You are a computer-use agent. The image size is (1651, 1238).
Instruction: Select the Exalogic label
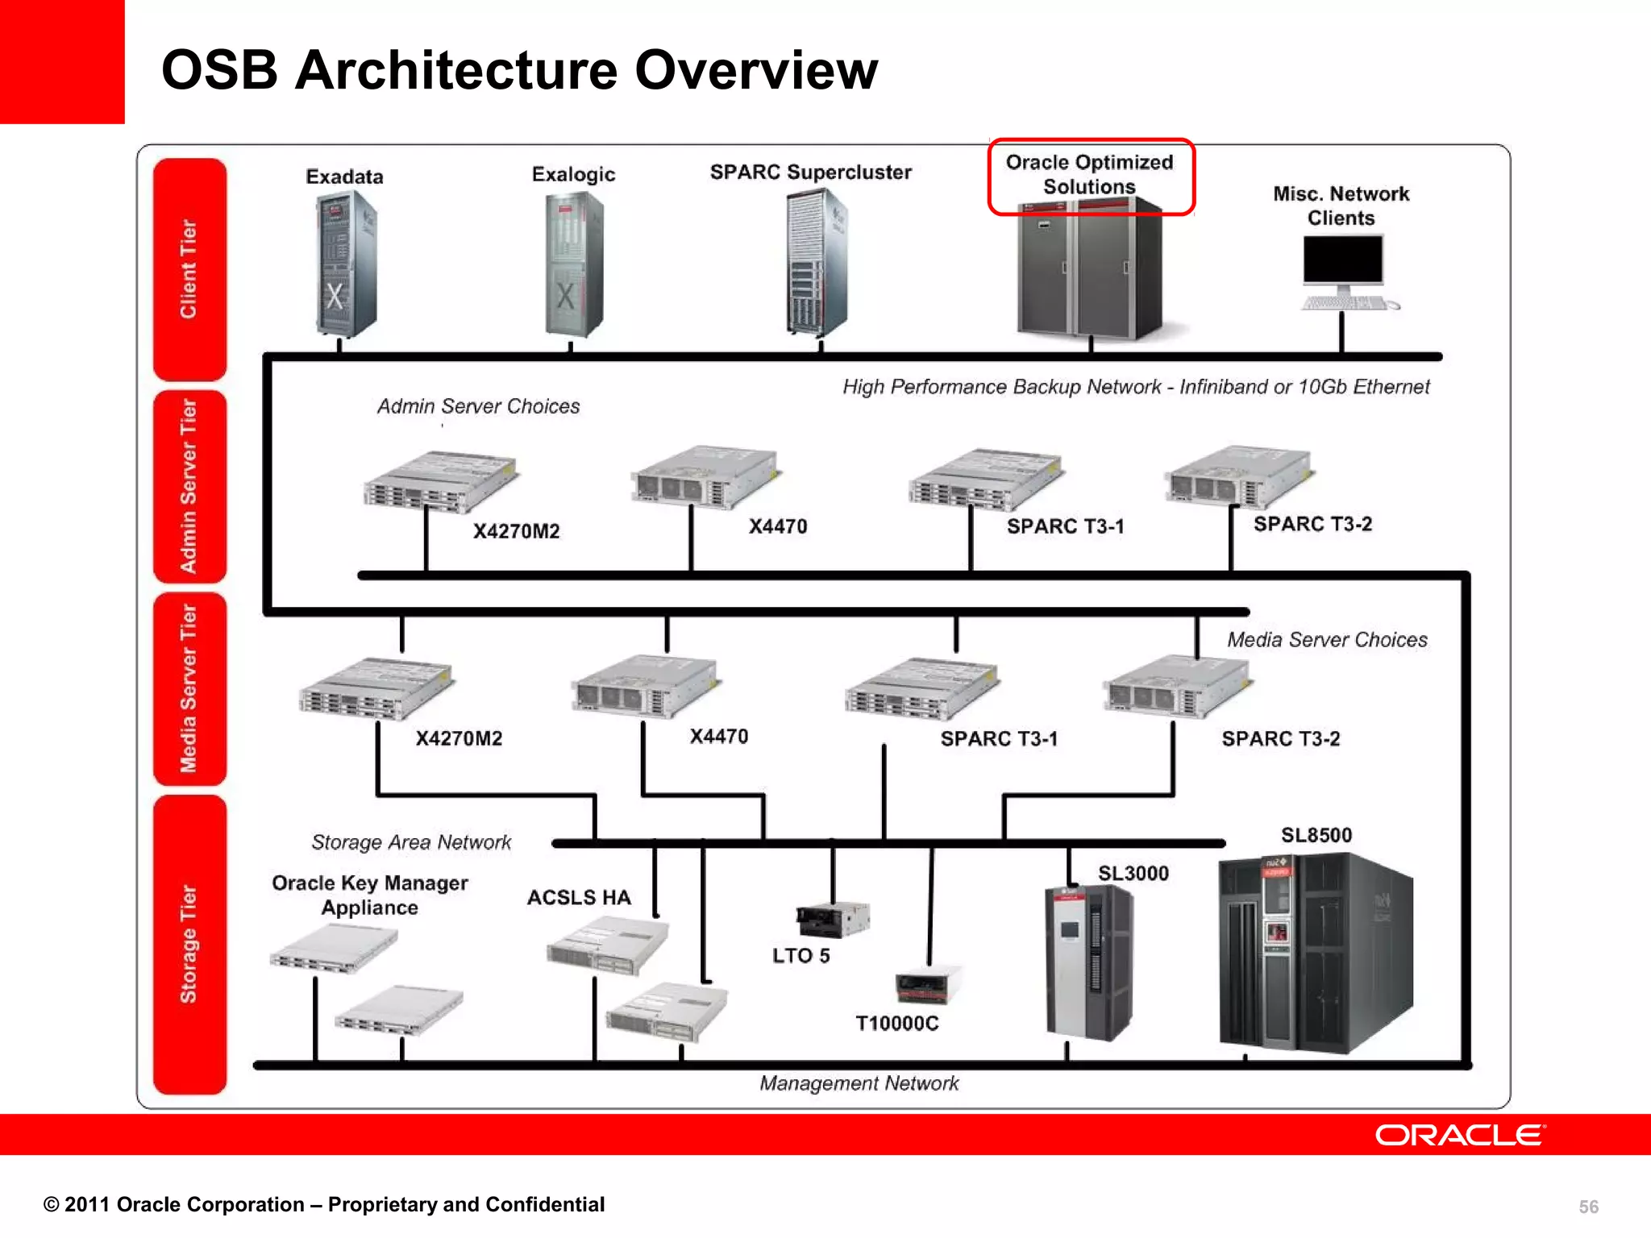pos(573,174)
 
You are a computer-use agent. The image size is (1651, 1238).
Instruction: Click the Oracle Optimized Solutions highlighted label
pos(1089,175)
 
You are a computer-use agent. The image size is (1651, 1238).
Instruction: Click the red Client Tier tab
pos(189,268)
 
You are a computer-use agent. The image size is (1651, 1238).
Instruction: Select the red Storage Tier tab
pos(189,944)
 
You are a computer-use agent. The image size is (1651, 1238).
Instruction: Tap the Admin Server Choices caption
pos(478,406)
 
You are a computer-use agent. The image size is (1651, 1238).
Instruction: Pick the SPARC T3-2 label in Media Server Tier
pos(1280,738)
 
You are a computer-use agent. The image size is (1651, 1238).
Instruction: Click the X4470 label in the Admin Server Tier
pos(777,526)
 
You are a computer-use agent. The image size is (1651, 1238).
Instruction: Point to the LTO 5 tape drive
pos(833,919)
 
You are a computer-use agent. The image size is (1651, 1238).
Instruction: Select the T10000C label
pos(896,1023)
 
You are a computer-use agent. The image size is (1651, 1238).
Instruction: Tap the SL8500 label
pos(1316,835)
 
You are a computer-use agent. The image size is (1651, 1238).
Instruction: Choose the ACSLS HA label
pos(579,897)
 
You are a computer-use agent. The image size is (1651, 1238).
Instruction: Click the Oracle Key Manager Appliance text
pos(369,895)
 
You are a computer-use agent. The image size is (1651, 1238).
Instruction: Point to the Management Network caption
pos(859,1082)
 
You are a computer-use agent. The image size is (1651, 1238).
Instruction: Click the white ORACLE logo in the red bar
pos(1460,1135)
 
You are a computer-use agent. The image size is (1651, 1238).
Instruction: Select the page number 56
pos(1587,1207)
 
